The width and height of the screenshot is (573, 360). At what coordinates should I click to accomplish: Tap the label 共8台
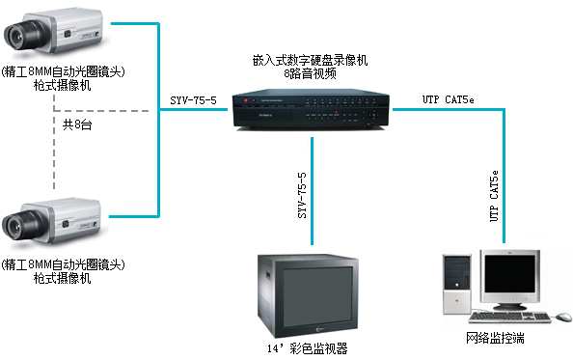pyautogui.click(x=77, y=125)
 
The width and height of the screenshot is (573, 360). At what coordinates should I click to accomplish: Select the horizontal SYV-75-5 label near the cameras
pyautogui.click(x=193, y=100)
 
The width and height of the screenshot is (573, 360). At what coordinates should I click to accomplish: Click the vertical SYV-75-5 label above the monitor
pyautogui.click(x=302, y=196)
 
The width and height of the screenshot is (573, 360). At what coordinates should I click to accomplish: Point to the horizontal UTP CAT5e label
pyautogui.click(x=448, y=99)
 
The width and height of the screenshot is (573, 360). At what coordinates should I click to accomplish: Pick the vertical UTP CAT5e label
pyautogui.click(x=494, y=196)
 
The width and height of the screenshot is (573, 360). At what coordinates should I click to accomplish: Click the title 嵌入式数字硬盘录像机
pyautogui.click(x=310, y=60)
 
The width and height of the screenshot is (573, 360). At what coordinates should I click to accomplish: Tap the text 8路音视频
pyautogui.click(x=310, y=73)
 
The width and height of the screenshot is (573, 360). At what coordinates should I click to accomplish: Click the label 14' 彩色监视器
pyautogui.click(x=308, y=348)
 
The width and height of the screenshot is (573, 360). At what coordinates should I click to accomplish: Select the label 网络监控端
pyautogui.click(x=495, y=338)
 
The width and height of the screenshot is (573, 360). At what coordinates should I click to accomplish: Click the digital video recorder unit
pyautogui.click(x=311, y=109)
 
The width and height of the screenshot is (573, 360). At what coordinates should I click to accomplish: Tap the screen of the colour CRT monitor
pyautogui.click(x=317, y=296)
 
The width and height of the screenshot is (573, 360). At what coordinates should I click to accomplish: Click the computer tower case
pyautogui.click(x=456, y=284)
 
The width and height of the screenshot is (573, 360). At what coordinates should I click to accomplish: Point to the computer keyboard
pyautogui.click(x=510, y=317)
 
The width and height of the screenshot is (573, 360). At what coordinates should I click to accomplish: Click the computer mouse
pyautogui.click(x=564, y=317)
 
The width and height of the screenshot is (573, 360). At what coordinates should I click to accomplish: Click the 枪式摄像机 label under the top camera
pyautogui.click(x=62, y=86)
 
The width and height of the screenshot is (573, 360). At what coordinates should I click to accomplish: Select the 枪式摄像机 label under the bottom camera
pyautogui.click(x=62, y=278)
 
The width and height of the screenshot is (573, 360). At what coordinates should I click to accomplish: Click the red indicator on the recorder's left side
pyautogui.click(x=246, y=100)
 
